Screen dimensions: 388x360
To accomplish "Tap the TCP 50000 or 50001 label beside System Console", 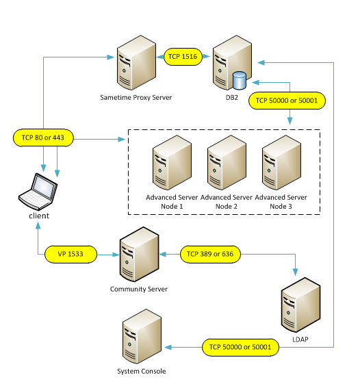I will click(x=238, y=347).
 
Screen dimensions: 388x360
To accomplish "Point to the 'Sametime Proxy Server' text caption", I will click(x=135, y=97).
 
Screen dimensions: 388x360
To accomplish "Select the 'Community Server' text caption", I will click(x=139, y=288).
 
